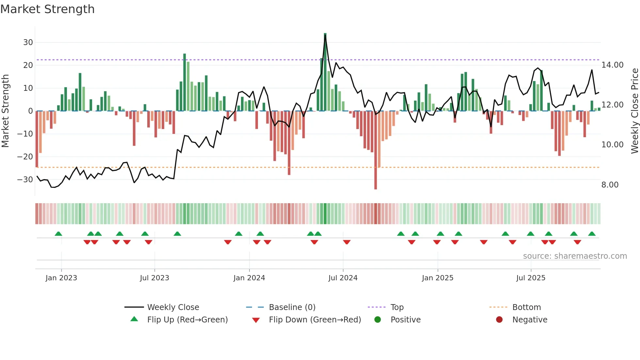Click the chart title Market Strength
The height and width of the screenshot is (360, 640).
click(x=47, y=9)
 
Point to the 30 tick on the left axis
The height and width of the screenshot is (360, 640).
click(x=28, y=42)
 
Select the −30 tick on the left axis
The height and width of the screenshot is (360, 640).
click(x=25, y=180)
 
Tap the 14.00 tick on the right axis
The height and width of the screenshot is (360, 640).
click(x=612, y=65)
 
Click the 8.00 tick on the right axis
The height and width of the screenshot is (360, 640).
click(x=610, y=185)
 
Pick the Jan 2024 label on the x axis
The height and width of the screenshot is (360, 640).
click(x=249, y=278)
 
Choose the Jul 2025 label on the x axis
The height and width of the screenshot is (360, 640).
click(x=531, y=278)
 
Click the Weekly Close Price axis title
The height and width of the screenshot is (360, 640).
click(x=634, y=111)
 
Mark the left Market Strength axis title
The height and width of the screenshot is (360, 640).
click(x=5, y=111)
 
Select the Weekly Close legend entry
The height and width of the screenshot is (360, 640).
click(x=173, y=307)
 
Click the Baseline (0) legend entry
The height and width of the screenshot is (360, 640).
click(x=292, y=307)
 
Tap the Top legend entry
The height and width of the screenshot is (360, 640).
click(x=397, y=307)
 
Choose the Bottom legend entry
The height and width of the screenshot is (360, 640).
click(x=526, y=307)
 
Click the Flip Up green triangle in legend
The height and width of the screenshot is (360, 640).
click(x=134, y=319)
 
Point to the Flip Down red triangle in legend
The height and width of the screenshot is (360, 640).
click(x=256, y=320)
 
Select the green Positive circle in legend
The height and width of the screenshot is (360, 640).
click(x=377, y=319)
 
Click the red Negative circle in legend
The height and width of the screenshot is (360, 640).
click(x=499, y=319)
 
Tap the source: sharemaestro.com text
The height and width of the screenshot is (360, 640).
click(x=575, y=256)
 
